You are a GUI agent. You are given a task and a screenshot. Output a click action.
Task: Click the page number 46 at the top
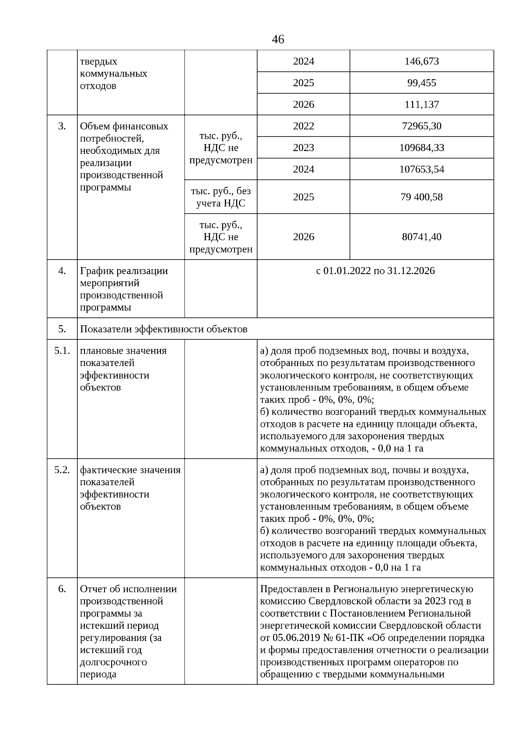tap(278, 40)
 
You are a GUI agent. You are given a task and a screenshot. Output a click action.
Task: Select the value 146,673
tap(421, 61)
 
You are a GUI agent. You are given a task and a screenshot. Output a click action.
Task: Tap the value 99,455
tap(421, 83)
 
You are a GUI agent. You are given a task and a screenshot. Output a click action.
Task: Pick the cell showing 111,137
tap(421, 105)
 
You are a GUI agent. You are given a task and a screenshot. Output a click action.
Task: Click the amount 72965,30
tap(421, 126)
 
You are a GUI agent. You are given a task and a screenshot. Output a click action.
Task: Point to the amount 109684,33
tap(421, 148)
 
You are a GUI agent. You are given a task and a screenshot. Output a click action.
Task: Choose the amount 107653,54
tap(421, 169)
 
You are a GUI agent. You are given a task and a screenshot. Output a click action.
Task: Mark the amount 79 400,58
tap(421, 197)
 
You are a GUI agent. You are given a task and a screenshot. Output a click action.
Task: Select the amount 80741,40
tap(421, 237)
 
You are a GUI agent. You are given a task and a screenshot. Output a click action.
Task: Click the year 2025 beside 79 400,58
tap(303, 197)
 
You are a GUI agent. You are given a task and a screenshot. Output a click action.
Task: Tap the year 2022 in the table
tap(303, 126)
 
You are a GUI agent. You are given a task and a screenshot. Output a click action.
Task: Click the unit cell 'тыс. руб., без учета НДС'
tap(220, 197)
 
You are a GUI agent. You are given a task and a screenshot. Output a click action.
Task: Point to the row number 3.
tap(62, 126)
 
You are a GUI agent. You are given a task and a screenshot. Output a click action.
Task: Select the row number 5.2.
tap(62, 470)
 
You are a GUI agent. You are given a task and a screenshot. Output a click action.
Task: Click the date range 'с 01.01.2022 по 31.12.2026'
tap(375, 271)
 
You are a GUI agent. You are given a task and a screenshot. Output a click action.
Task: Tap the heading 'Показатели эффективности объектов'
tap(164, 329)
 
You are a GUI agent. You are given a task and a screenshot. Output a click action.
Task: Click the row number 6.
tap(62, 589)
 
